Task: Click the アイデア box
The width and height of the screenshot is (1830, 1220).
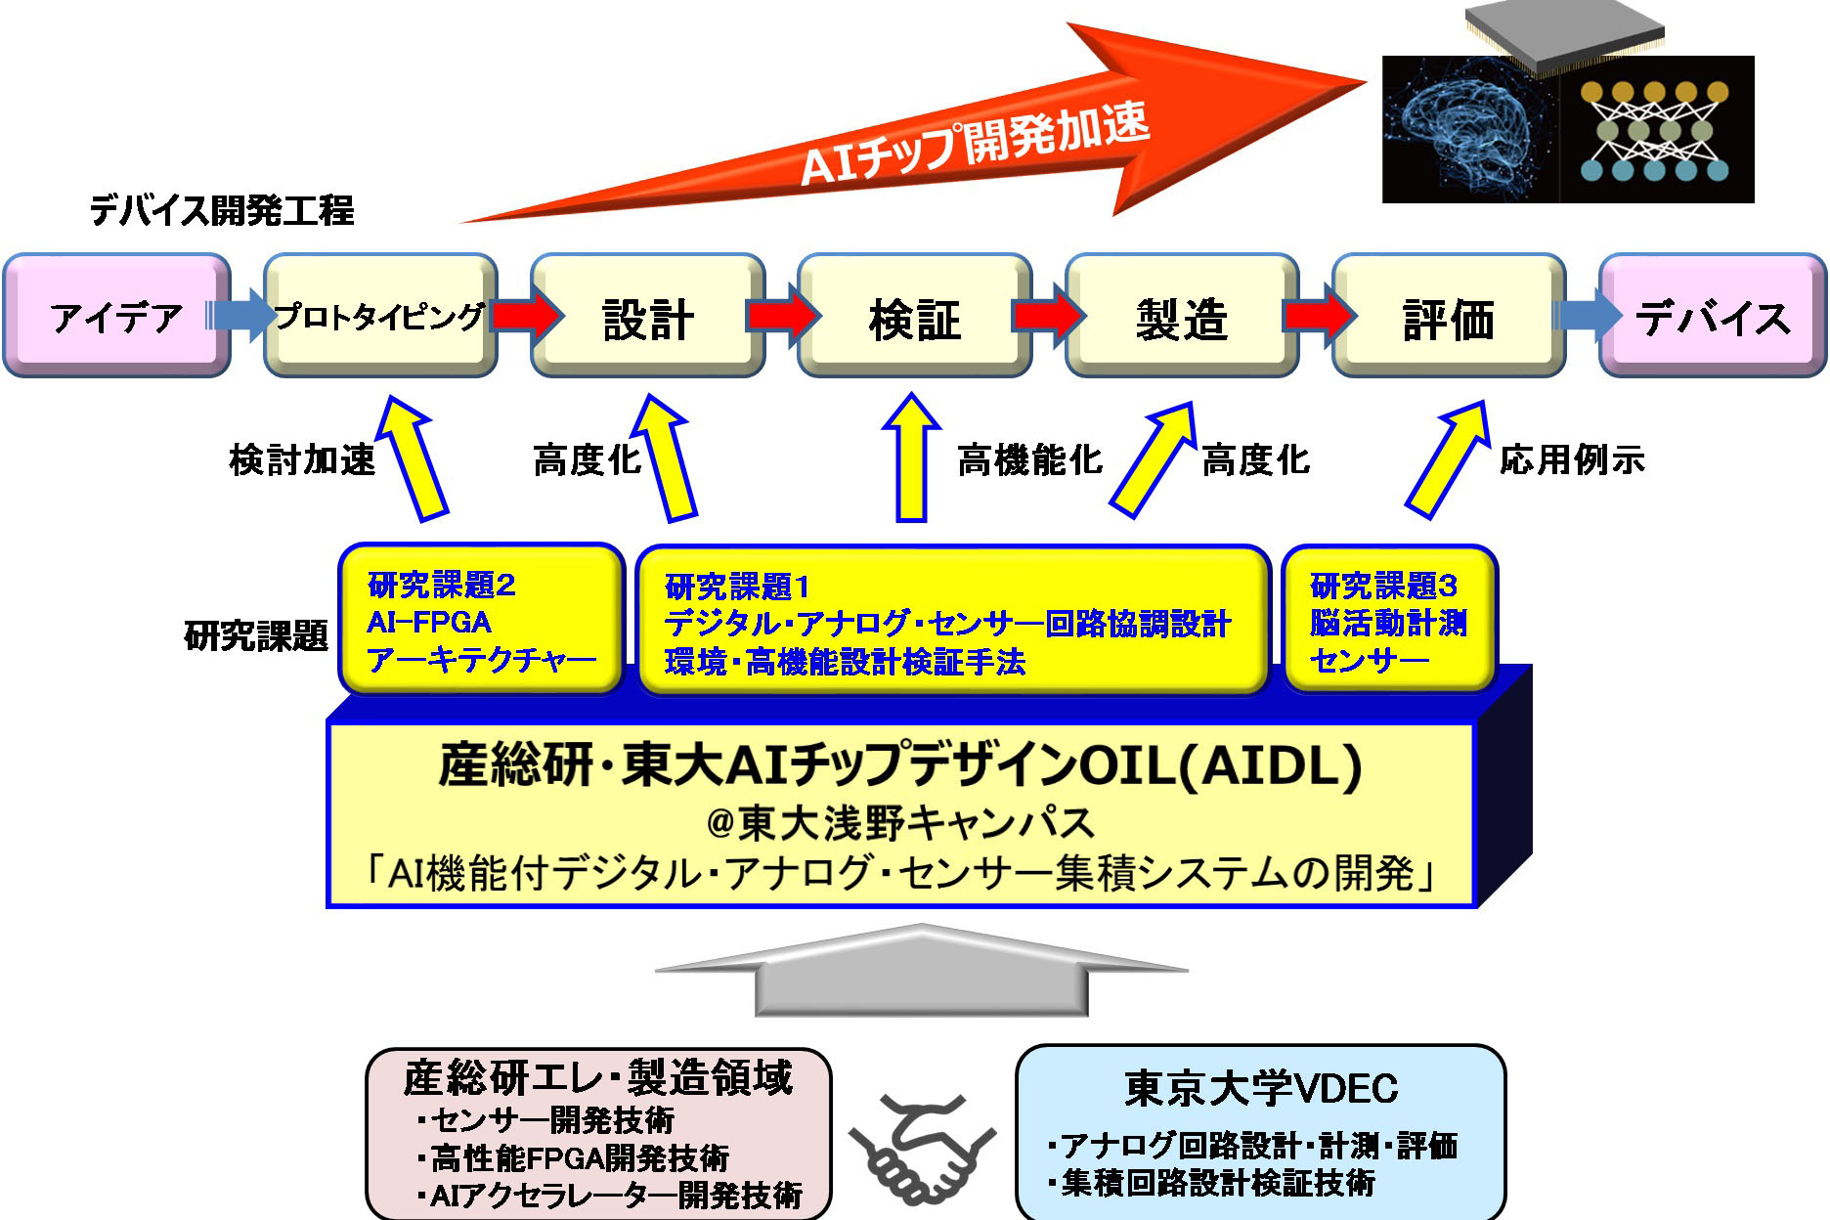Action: point(117,316)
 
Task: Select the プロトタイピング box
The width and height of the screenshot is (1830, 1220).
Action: point(380,316)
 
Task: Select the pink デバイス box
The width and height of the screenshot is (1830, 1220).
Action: point(1713,316)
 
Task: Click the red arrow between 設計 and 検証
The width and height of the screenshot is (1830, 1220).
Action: point(782,316)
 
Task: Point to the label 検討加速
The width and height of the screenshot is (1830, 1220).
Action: point(302,459)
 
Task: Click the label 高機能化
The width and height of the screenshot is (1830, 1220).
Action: point(1029,459)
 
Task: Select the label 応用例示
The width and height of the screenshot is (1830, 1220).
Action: point(1572,459)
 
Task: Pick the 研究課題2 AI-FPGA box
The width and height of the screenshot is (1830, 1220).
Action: point(481,621)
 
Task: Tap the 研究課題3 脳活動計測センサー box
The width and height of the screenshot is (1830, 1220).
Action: point(1388,621)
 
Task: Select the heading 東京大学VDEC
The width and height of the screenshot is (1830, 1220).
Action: point(1260,1088)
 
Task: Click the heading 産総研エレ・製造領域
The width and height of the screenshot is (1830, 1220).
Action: point(597,1077)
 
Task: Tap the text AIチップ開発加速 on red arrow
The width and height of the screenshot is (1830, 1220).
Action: point(973,142)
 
